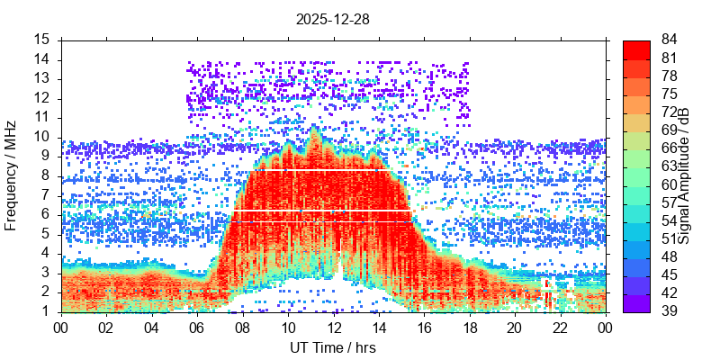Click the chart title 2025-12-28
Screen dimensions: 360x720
point(332,18)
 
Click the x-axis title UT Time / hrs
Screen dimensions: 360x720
point(332,347)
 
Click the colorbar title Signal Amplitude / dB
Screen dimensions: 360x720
point(685,175)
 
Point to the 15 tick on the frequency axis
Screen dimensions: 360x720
point(42,40)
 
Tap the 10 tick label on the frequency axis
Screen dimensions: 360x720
point(42,137)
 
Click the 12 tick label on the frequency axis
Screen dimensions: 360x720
point(42,98)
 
